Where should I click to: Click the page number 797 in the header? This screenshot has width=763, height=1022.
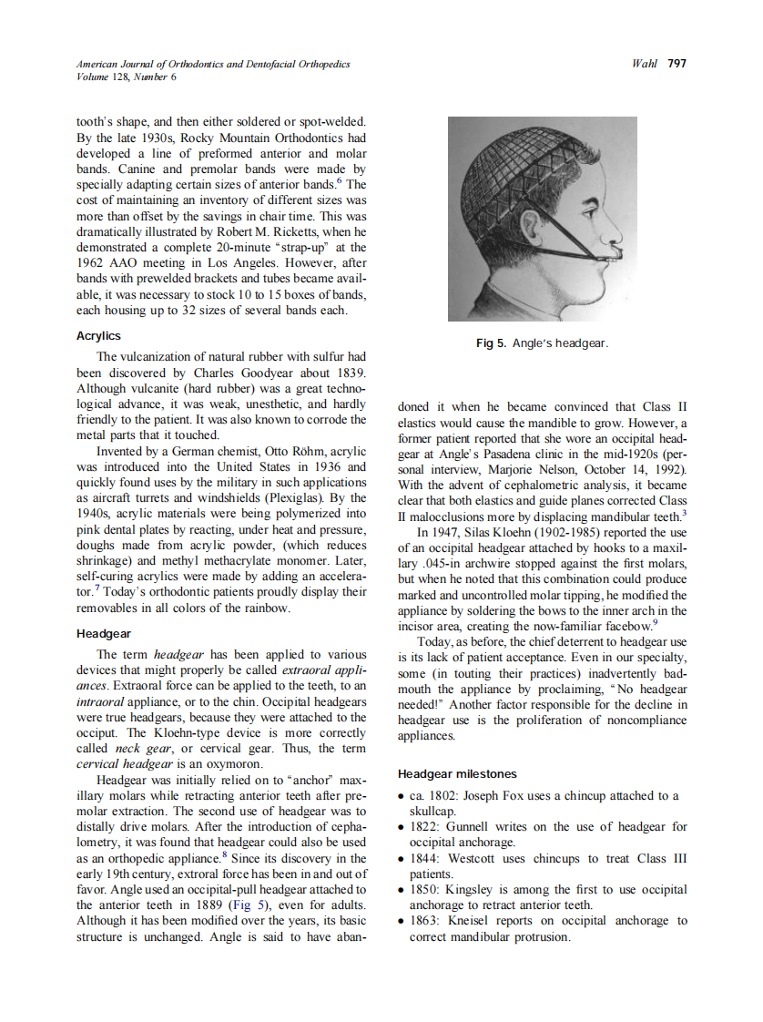pos(677,64)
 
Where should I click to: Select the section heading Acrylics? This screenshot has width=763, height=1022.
pos(98,336)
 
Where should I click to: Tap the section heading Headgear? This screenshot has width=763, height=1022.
pos(104,633)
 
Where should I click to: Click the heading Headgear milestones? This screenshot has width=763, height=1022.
pos(457,774)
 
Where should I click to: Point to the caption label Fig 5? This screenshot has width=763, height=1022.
pos(492,343)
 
